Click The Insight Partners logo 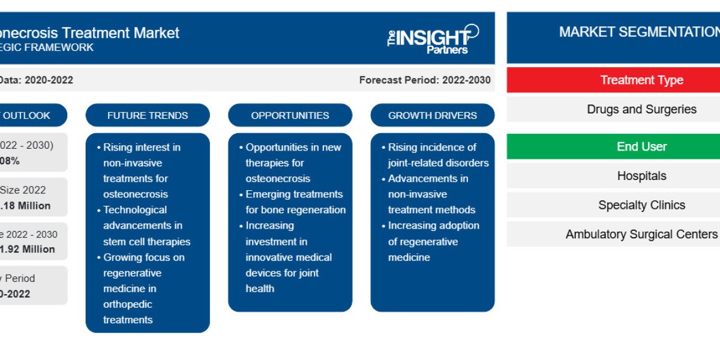click(x=433, y=40)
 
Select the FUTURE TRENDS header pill click(x=148, y=115)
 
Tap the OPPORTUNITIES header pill click(x=290, y=115)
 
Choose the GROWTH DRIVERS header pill click(x=433, y=115)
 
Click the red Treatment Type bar click(x=641, y=80)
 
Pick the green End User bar click(x=641, y=146)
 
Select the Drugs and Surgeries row click(x=641, y=109)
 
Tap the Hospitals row click(x=641, y=176)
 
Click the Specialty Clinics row click(x=641, y=205)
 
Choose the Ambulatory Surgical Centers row click(x=641, y=234)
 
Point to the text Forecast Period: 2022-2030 click(x=425, y=80)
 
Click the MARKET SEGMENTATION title click(x=639, y=32)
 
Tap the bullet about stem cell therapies click(x=146, y=226)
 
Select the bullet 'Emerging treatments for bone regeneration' click(x=294, y=202)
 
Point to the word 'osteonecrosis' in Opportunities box click(x=277, y=178)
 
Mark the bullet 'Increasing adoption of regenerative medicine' click(x=433, y=241)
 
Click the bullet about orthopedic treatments click(x=143, y=289)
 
